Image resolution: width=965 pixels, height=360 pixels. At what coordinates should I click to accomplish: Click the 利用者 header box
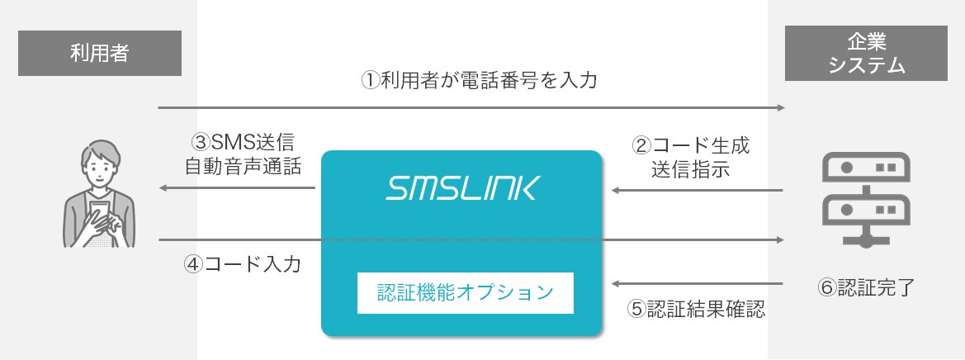[x=99, y=53]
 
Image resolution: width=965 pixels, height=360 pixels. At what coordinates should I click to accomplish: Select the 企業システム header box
[x=865, y=54]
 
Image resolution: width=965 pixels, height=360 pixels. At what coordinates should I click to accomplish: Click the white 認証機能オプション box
[x=465, y=292]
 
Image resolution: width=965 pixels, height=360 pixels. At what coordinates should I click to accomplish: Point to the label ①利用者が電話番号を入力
[x=479, y=81]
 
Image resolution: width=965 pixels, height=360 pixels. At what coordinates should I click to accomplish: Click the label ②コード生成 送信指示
[x=690, y=157]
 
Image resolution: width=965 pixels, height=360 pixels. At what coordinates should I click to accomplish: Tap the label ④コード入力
[x=242, y=265]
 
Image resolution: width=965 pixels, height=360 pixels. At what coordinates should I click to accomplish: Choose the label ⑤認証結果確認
[x=696, y=310]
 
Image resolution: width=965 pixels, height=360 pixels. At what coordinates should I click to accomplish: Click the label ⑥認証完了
[x=864, y=288]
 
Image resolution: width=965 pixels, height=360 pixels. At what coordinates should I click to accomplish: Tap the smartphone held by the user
[x=99, y=210]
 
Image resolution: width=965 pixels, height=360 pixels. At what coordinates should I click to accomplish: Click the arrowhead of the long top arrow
[x=780, y=108]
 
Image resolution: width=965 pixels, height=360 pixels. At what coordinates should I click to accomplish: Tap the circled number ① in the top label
[x=371, y=81]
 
